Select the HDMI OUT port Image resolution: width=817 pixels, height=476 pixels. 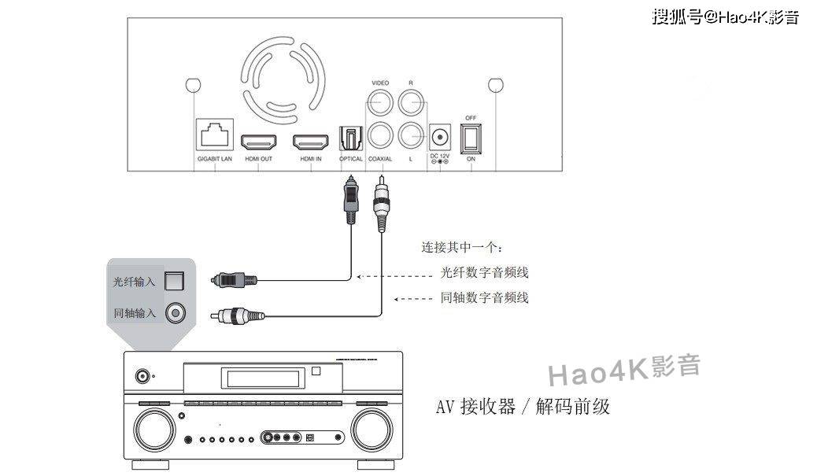258,142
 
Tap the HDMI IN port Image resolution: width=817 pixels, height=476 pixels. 312,142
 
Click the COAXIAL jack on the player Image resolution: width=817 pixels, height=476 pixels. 380,136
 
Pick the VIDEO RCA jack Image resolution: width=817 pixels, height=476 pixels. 380,102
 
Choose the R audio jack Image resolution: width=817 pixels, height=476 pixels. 411,102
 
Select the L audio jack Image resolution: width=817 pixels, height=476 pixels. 411,136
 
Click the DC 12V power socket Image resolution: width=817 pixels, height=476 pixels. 439,137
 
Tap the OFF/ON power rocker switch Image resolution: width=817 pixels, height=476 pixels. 471,138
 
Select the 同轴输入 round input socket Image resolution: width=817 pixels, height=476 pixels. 174,313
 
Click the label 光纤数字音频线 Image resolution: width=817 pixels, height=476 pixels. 485,274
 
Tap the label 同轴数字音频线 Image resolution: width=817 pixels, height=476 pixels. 485,297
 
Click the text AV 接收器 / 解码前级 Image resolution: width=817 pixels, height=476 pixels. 523,407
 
